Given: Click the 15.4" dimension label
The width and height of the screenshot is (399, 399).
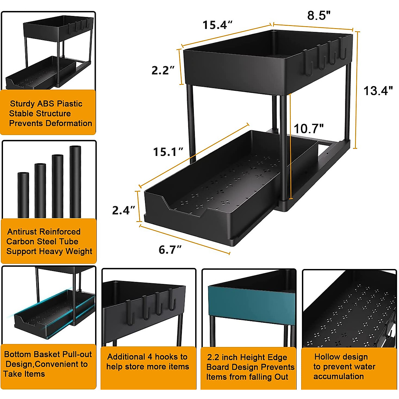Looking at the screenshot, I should click(217, 25).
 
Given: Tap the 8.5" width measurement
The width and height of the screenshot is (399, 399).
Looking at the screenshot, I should click(319, 15).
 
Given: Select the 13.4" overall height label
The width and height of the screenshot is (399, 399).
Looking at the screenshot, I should click(378, 91).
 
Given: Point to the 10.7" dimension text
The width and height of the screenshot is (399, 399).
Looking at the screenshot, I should click(309, 129).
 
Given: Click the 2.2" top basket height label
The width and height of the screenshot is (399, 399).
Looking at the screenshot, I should click(163, 70).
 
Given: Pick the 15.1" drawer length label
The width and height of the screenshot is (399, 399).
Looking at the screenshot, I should click(168, 152).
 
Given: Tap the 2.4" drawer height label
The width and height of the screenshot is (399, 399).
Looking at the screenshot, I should click(123, 210).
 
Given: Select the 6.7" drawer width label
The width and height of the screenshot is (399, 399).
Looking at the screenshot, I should click(170, 249).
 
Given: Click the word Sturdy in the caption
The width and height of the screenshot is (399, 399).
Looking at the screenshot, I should click(22, 104).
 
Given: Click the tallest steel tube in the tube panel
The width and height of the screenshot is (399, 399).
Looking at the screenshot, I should click(75, 182).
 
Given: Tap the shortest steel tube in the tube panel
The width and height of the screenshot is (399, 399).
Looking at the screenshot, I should click(23, 195).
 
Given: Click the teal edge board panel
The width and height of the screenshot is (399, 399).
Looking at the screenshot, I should click(251, 301).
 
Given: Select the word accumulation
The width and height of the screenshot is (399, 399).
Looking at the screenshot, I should click(338, 376).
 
